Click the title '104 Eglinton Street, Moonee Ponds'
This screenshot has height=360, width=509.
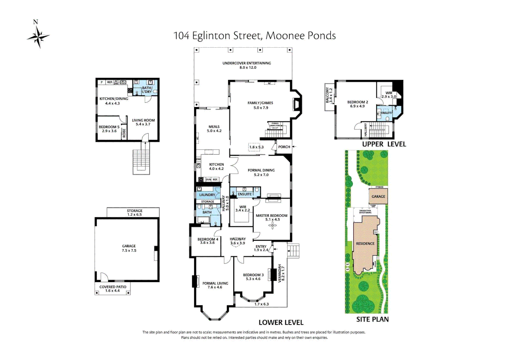(254, 36)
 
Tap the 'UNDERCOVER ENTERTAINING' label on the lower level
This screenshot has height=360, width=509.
(247, 63)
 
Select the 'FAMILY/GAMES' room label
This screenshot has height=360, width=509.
(260, 103)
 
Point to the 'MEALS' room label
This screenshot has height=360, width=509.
(214, 127)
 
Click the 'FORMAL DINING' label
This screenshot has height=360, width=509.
(261, 170)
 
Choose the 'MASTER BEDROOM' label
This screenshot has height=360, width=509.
(271, 216)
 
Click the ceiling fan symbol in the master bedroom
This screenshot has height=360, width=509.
(272, 226)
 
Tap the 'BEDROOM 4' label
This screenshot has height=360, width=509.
(208, 239)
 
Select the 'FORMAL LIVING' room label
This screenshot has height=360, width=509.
(215, 283)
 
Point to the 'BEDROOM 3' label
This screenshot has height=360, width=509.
(253, 275)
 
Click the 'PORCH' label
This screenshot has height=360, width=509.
(284, 147)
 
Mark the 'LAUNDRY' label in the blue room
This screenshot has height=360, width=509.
(207, 195)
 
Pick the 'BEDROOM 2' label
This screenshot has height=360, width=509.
(357, 102)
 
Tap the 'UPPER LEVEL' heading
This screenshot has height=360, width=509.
(384, 144)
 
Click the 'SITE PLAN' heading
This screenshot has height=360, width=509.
(372, 319)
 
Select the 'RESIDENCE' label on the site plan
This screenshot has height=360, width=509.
(365, 244)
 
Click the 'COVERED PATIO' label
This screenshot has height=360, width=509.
(113, 287)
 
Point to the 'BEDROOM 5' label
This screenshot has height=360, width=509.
(109, 127)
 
